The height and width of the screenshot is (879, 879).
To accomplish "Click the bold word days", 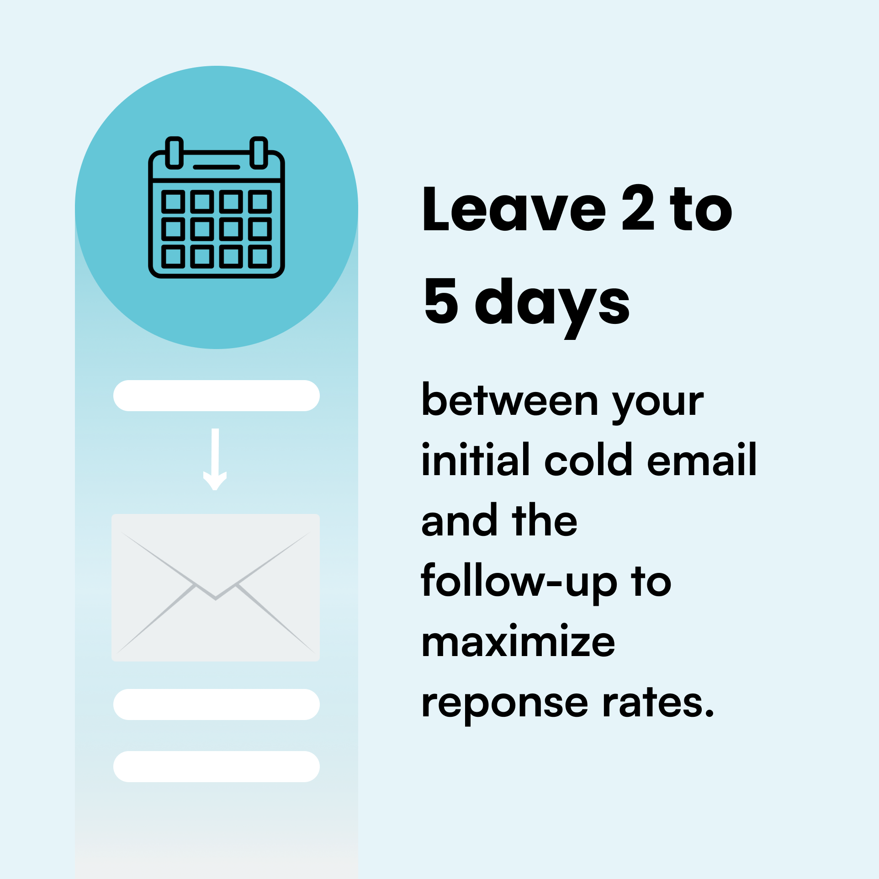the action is (x=552, y=307).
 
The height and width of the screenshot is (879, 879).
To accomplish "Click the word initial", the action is (x=475, y=460).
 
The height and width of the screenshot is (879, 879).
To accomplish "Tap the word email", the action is (x=702, y=460).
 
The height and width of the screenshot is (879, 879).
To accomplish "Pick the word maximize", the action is (x=519, y=641).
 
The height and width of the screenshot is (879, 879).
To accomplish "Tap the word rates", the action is (x=658, y=702).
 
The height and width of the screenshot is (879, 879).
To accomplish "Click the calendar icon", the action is (x=217, y=207).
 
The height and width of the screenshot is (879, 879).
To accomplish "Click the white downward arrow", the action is (x=215, y=459).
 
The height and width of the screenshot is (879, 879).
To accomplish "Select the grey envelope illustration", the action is (x=216, y=588).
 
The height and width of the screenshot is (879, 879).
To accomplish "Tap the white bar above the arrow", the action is (x=217, y=396).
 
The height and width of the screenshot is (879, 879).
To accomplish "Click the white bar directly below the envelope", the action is (x=217, y=704).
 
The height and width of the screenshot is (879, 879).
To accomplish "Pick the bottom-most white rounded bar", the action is (x=217, y=767).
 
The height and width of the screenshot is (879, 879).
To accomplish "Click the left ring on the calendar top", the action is (x=174, y=153).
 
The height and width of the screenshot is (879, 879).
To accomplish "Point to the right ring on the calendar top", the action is (x=259, y=153).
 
